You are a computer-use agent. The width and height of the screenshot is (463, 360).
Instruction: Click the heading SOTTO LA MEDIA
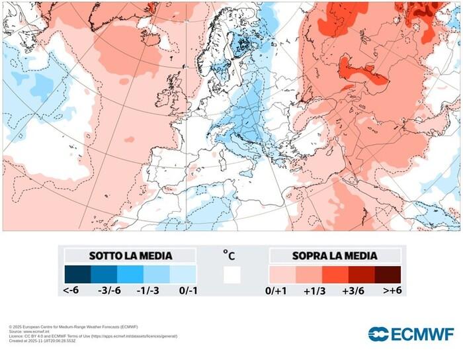130,255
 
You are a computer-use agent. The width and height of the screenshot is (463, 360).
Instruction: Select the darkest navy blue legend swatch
77,275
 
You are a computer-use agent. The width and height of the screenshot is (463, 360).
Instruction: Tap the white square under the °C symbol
232,275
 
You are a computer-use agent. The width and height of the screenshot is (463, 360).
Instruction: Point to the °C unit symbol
229,254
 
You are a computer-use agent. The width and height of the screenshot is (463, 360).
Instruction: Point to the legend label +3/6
353,290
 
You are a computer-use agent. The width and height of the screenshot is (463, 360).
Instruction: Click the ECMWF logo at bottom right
411,333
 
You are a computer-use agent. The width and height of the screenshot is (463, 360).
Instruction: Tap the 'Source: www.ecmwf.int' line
33,332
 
